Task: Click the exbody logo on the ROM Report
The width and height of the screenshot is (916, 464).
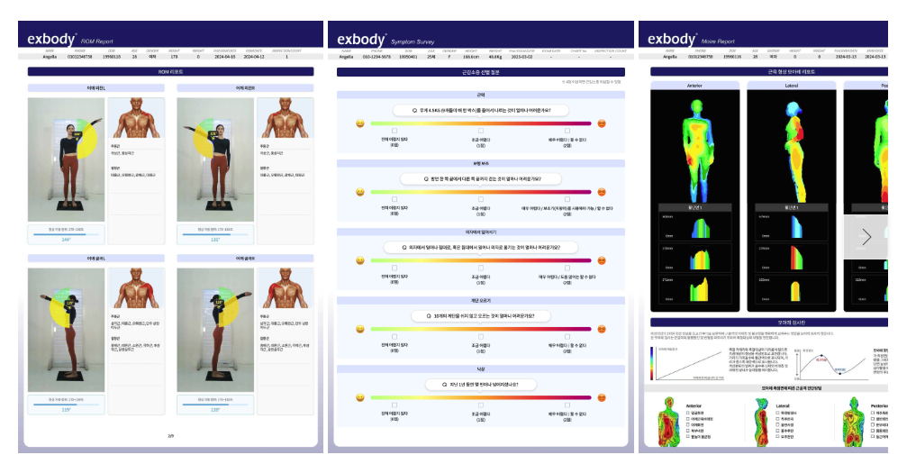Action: pyautogui.click(x=50, y=39)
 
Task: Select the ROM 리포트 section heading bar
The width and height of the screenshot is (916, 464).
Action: pyautogui.click(x=170, y=70)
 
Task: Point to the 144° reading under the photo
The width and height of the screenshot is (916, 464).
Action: pyautogui.click(x=66, y=240)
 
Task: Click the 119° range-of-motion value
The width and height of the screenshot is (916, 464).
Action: pyautogui.click(x=66, y=410)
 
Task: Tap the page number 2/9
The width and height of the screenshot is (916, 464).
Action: pyautogui.click(x=170, y=435)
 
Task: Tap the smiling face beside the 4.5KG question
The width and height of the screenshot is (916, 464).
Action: pyautogui.click(x=359, y=123)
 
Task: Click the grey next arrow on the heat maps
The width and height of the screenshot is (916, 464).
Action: pyautogui.click(x=866, y=237)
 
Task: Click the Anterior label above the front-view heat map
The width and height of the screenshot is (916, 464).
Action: pyautogui.click(x=694, y=86)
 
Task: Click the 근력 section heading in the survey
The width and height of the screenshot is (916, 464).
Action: pyautogui.click(x=480, y=95)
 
